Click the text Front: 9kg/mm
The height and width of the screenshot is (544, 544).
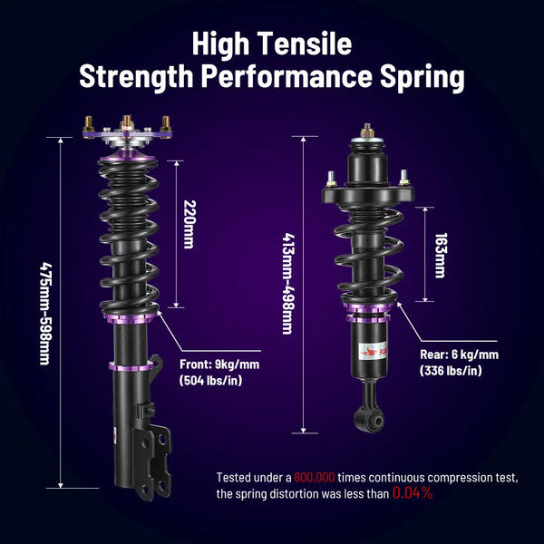(x=219, y=364)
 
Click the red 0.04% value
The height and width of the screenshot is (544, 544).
(x=413, y=494)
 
